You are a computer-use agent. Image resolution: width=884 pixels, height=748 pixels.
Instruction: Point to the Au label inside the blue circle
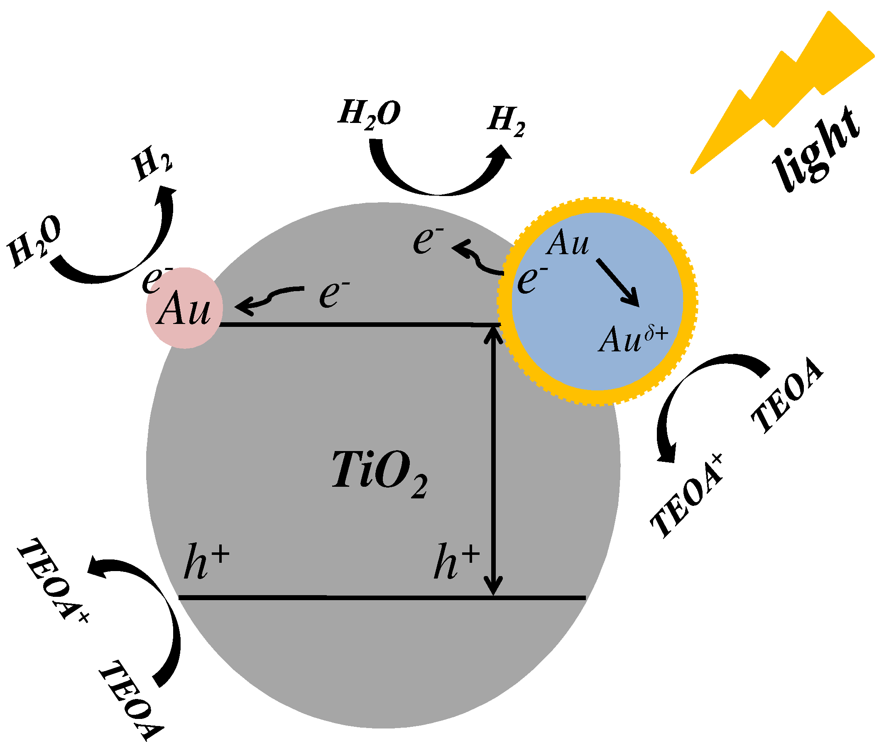(x=567, y=243)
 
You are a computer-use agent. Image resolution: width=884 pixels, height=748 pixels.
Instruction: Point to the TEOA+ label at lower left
(x=53, y=581)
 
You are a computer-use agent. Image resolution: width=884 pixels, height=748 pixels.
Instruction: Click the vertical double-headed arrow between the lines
(x=493, y=458)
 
